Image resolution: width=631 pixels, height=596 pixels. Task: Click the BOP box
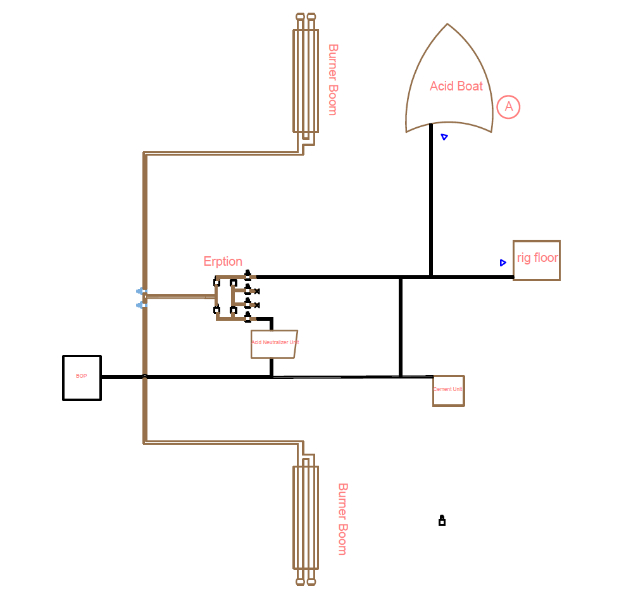[82, 378]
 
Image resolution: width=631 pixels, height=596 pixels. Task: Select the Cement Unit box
[448, 390]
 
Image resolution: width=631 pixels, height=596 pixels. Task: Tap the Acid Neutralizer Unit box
[274, 344]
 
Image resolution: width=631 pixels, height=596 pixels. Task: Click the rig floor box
[536, 260]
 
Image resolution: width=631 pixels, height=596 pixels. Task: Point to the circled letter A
[508, 107]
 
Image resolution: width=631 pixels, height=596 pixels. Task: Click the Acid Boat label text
[456, 86]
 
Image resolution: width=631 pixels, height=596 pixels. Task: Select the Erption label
[223, 261]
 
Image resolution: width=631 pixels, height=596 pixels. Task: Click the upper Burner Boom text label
[333, 79]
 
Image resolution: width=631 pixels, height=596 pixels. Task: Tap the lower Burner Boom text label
[342, 519]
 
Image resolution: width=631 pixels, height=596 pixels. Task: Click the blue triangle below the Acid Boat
[444, 137]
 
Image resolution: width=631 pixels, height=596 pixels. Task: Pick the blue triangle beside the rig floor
[503, 263]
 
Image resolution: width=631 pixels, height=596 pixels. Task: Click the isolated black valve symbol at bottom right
[442, 521]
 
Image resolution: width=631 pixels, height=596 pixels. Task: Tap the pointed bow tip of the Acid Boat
[447, 25]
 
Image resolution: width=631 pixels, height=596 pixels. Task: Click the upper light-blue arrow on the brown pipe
[141, 291]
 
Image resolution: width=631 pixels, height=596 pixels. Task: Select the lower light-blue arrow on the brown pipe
[141, 305]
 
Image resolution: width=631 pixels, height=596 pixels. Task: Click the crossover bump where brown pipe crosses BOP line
[145, 376]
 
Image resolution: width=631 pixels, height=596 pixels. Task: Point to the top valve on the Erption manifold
[247, 275]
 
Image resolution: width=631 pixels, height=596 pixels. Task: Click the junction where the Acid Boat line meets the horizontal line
[431, 276]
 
